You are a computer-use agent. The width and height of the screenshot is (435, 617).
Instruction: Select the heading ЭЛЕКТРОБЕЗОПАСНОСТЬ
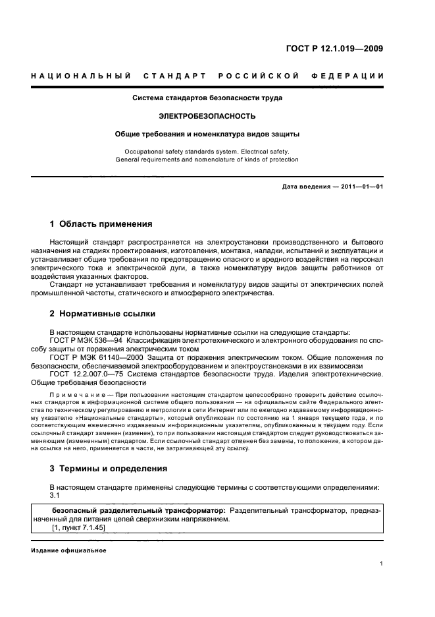(207, 116)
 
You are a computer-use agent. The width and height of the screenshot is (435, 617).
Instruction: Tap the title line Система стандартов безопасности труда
(207, 98)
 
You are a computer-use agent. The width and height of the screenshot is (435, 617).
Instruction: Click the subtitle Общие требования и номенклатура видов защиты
(207, 134)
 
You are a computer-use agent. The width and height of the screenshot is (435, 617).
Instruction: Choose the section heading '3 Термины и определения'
(109, 469)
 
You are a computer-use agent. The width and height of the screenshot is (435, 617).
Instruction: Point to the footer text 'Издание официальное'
(60, 550)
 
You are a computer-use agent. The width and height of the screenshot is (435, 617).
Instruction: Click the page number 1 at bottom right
(381, 564)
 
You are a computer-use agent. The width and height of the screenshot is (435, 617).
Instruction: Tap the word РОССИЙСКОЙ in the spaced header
(260, 76)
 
